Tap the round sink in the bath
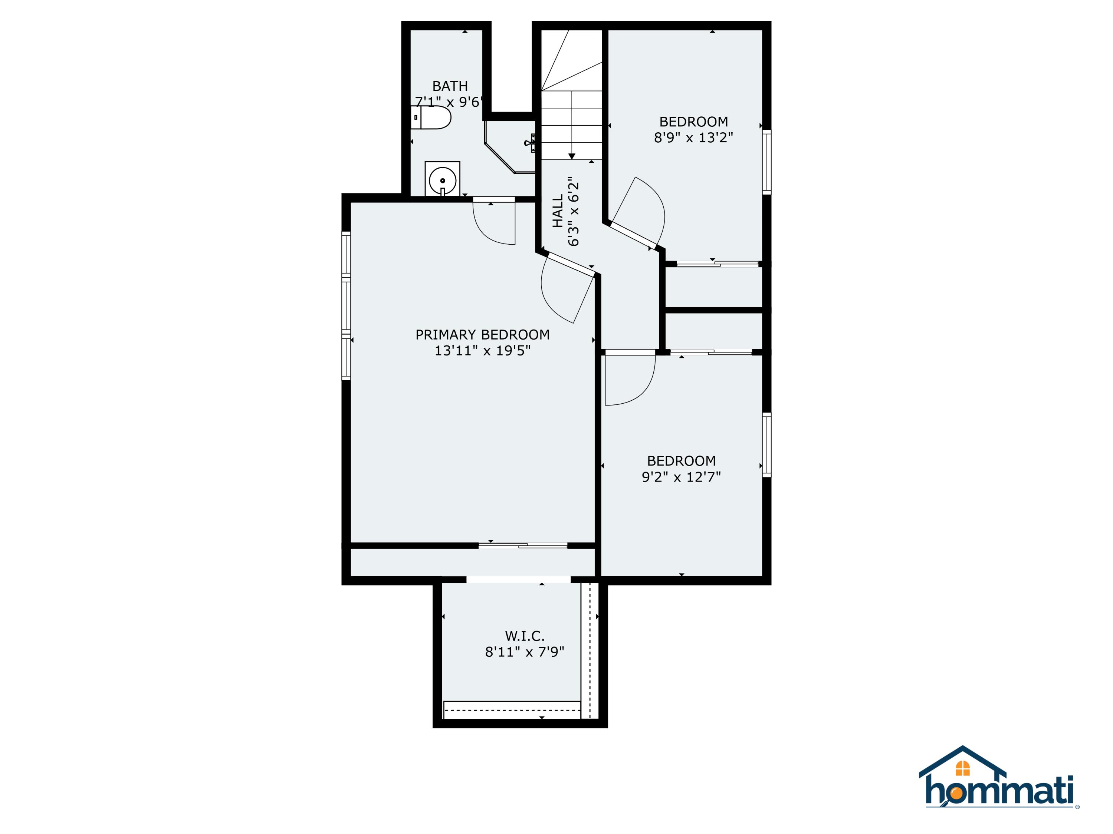click(442, 179)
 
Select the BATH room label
click(450, 86)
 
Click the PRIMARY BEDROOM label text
click(482, 334)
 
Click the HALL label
click(558, 211)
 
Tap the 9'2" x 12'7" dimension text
click(681, 477)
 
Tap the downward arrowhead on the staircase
click(572, 156)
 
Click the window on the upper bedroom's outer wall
click(766, 162)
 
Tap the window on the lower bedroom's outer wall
click(766, 444)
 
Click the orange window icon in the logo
click(962, 768)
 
